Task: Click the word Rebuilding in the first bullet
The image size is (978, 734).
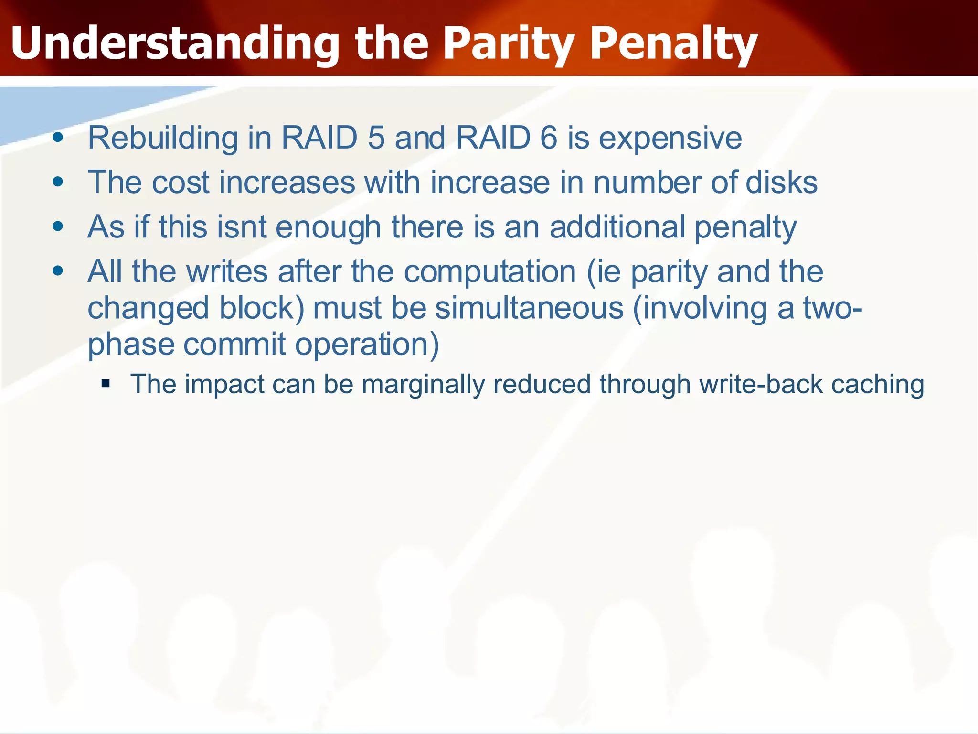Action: [162, 138]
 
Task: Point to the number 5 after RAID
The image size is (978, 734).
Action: [376, 138]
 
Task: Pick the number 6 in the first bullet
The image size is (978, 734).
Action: [548, 138]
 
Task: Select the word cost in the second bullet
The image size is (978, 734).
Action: [181, 183]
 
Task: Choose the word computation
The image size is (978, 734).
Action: [490, 272]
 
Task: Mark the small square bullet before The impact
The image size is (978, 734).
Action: [106, 383]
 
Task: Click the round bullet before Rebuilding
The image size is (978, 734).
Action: [58, 138]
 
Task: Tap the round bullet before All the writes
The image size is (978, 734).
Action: [58, 271]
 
